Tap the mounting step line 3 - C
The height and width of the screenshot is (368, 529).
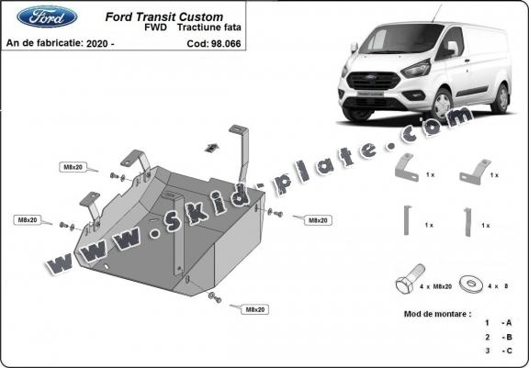point(495,351)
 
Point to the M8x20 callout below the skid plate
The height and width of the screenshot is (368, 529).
point(254,310)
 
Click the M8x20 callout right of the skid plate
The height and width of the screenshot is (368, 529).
point(318,220)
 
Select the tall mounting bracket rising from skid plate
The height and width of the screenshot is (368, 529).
point(243,151)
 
